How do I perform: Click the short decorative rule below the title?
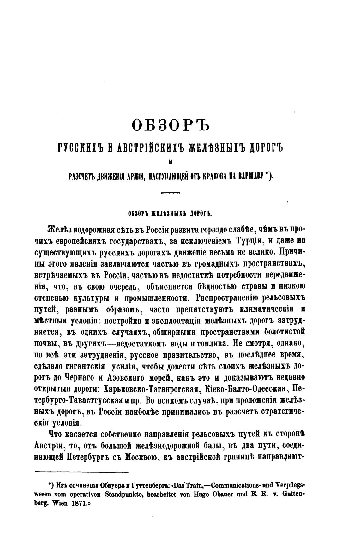click(x=170, y=192)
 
